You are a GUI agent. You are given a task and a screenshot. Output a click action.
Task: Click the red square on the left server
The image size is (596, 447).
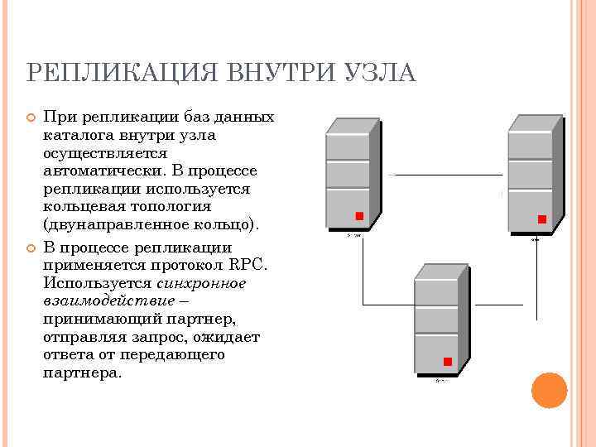coord(359,217)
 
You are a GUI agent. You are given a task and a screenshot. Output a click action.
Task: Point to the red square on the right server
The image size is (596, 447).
coord(542,219)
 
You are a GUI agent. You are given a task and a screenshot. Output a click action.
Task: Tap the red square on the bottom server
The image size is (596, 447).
coord(448,362)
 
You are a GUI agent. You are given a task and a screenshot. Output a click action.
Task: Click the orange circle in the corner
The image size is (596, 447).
coord(548,391)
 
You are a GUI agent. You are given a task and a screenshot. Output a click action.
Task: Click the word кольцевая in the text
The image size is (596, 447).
coord(81,206)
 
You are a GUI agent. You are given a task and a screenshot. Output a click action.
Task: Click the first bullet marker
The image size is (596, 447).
coord(30,118)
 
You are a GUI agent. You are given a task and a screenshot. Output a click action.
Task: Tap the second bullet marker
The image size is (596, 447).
coord(30,248)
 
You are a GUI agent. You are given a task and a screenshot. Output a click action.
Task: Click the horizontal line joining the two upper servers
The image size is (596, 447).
coord(447,175)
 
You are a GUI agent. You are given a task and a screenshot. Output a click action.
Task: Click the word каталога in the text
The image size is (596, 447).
coord(74,135)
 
